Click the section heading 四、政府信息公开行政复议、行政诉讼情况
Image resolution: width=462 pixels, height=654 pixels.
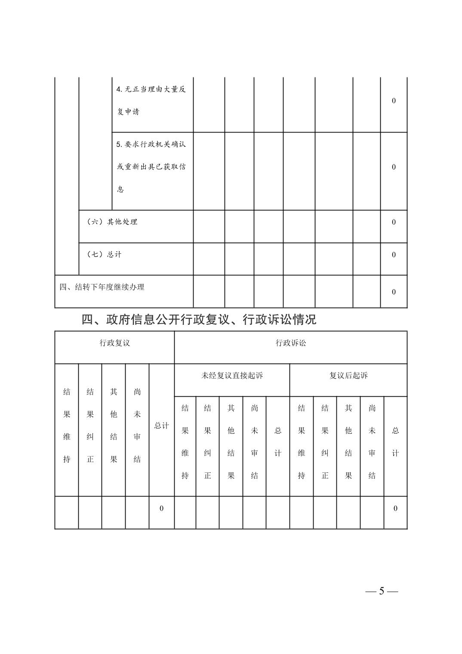(199, 320)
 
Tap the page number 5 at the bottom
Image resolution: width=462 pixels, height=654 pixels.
(381, 591)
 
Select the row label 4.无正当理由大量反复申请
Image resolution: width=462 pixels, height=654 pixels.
(151, 100)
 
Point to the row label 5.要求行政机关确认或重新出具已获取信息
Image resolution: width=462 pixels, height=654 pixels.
(151, 167)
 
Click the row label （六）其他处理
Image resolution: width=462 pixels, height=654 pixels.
(112, 222)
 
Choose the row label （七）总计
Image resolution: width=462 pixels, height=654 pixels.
(104, 255)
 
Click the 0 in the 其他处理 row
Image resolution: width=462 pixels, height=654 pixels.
(394, 222)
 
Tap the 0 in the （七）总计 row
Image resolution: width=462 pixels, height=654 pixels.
(394, 255)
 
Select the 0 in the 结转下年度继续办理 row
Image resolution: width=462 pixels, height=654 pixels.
(394, 292)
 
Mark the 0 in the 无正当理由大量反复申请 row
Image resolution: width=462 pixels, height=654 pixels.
(394, 101)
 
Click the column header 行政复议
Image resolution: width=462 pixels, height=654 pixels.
(114, 343)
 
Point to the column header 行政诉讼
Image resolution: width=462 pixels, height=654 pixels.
(291, 343)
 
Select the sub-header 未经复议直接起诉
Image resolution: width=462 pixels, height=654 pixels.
(232, 376)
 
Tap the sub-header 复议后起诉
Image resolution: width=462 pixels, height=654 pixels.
(348, 376)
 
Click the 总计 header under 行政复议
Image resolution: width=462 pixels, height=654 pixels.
(162, 426)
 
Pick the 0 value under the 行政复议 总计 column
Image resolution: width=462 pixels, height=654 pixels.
(162, 509)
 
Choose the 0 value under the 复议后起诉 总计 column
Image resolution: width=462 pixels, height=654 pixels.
(395, 509)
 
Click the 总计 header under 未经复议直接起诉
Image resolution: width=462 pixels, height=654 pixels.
(278, 442)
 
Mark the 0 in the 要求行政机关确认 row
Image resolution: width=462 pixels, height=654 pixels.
(394, 167)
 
